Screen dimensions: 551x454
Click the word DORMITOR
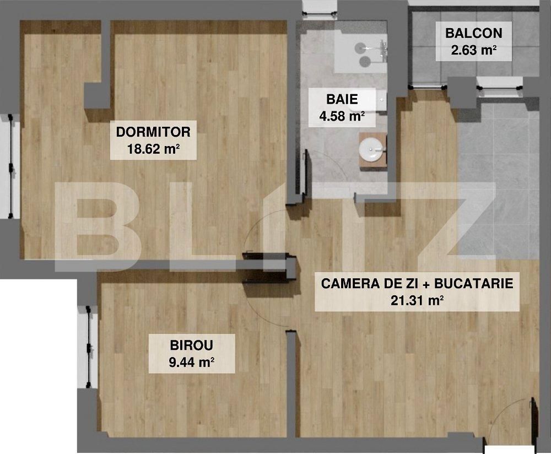(153, 132)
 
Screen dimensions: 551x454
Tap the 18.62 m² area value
(153, 149)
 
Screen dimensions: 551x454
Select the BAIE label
(342, 99)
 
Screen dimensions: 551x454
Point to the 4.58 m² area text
(342, 116)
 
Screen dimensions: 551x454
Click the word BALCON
(473, 33)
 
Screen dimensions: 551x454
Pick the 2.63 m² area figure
(473, 50)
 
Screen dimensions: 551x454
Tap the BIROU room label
(192, 345)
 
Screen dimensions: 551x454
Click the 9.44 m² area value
(192, 362)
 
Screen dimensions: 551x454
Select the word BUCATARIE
(474, 283)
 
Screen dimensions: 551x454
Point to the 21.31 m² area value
(417, 300)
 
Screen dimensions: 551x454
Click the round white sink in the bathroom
(372, 149)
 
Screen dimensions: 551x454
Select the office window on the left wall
(88, 347)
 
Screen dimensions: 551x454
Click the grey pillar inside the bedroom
(98, 95)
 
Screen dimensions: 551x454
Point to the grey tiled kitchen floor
(498, 179)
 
